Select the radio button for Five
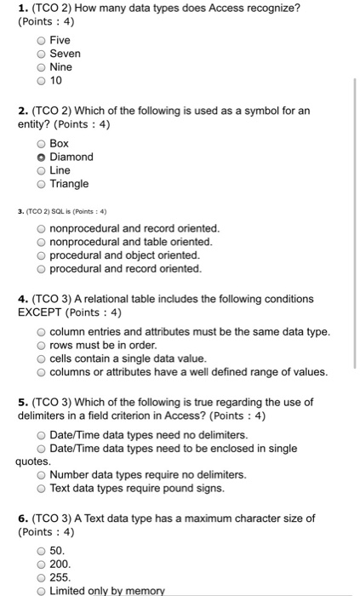tap(40, 40)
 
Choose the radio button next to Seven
tap(40, 54)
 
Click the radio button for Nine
tap(40, 67)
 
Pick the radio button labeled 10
tap(40, 81)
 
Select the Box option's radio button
tap(40, 143)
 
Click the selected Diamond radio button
tap(40, 157)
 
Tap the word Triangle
tap(69, 184)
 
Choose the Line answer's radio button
tap(40, 170)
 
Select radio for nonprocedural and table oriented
tap(40, 242)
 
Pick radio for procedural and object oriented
tap(40, 255)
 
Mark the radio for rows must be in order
tap(40, 345)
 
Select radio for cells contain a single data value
tap(40, 358)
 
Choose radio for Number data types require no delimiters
tap(40, 474)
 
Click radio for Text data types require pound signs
tap(40, 488)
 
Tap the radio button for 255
tap(40, 577)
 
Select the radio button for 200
tap(40, 564)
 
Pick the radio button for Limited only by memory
tap(40, 591)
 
